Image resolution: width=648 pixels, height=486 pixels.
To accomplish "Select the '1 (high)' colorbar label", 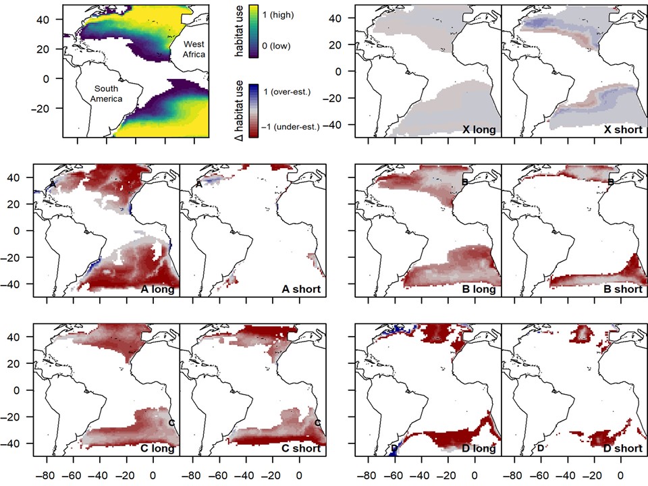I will click(x=279, y=13).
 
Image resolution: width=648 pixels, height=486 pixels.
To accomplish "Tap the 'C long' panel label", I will click(x=155, y=448).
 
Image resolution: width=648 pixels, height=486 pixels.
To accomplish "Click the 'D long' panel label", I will click(x=476, y=448).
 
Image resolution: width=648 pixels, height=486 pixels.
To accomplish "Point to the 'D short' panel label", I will click(x=619, y=448).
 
